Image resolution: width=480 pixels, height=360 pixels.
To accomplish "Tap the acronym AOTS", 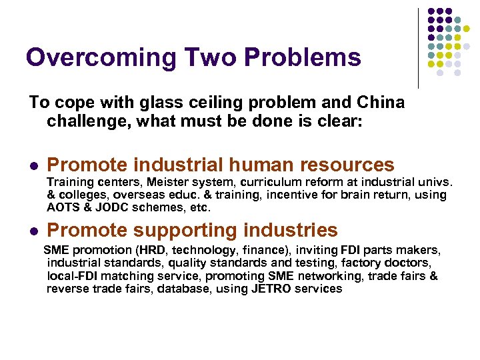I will pos(63,207).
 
